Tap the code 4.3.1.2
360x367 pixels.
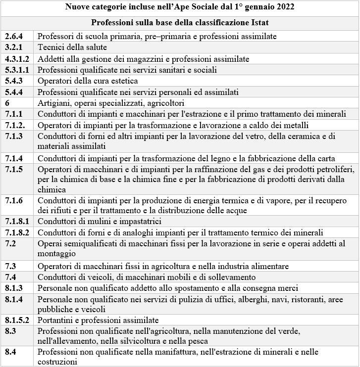(17, 59)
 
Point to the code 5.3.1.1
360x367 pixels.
(17, 70)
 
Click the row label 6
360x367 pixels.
(7, 103)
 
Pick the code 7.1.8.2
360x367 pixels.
(17, 232)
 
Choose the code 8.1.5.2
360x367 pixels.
(17, 320)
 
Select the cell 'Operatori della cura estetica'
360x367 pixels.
(88, 81)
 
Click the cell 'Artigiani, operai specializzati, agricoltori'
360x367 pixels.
(111, 103)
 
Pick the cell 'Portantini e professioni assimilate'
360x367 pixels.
(98, 320)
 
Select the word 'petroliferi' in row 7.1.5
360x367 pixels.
(336, 170)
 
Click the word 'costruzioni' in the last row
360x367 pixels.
(57, 362)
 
